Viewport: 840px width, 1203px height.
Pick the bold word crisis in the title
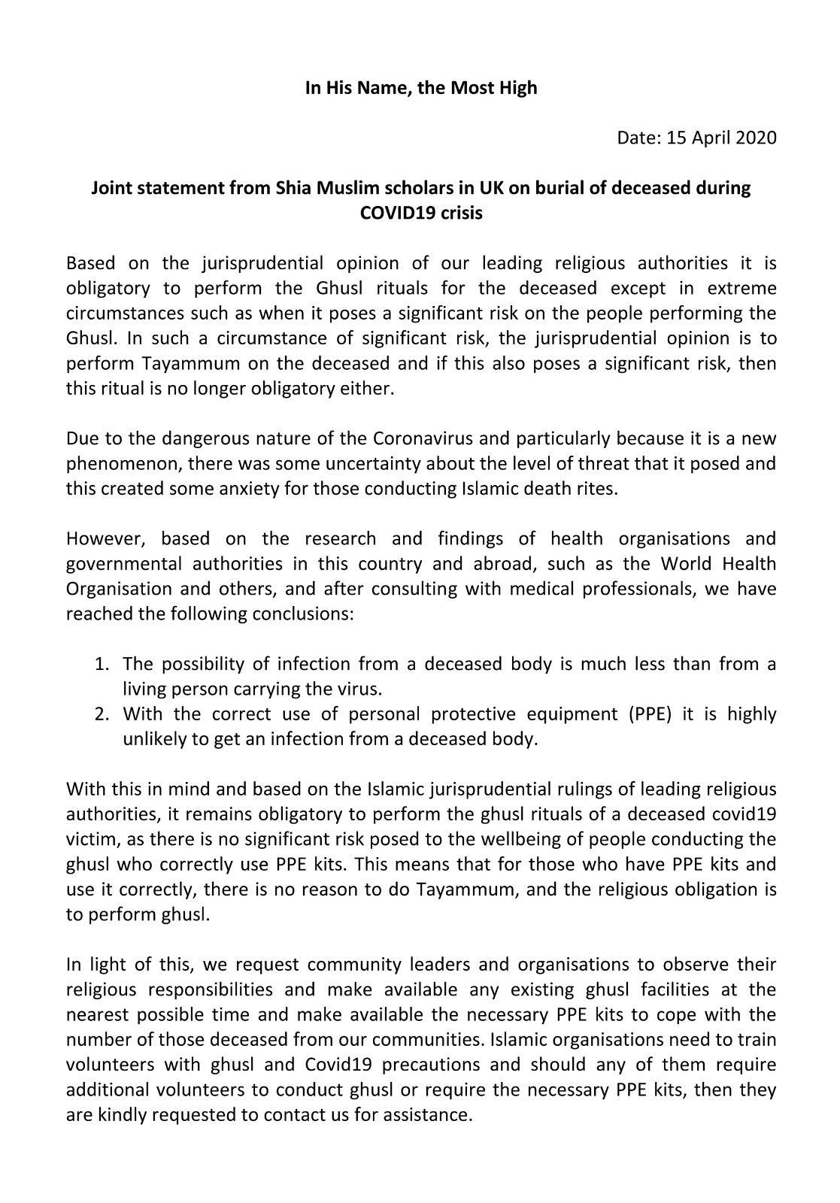point(456,213)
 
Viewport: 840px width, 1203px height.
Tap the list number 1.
point(102,664)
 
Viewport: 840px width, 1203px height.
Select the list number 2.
point(102,714)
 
